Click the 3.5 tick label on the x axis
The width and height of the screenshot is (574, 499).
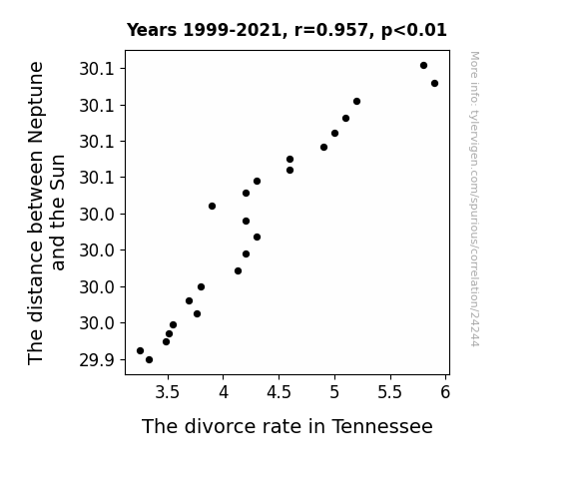coord(168,392)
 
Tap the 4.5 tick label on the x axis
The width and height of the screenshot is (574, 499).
coord(279,392)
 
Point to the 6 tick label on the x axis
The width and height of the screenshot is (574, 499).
coord(445,392)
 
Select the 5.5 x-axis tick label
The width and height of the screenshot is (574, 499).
coord(390,392)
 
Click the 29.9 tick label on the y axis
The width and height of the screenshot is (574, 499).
coord(97,360)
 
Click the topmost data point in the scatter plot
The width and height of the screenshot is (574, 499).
coord(423,66)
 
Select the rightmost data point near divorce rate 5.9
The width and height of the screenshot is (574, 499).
coord(434,84)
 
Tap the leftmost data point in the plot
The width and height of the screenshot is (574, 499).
coord(140,350)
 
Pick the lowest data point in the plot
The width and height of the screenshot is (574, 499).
coord(149,360)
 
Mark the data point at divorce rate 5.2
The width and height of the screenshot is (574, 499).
coord(357,102)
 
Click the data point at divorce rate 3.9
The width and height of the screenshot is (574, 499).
coord(212,207)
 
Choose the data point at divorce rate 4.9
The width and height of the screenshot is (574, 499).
coord(323,147)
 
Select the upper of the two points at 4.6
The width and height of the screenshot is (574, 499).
coord(289,160)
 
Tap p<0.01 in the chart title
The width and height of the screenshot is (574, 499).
coord(414,31)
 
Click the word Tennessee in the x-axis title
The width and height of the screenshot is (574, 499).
coord(382,426)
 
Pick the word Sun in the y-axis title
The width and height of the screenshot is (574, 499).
coord(58,172)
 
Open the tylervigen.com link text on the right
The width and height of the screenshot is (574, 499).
coord(474,199)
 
